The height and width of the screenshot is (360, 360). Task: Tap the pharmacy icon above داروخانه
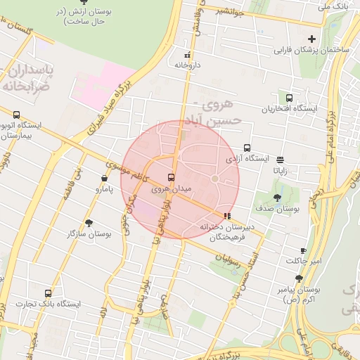(187, 55)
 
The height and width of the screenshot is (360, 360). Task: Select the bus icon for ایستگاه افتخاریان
(289, 98)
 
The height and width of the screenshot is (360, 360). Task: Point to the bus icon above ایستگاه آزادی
(247, 148)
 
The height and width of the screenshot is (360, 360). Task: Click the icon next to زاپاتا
(281, 159)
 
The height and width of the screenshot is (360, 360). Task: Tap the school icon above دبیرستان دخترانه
(226, 216)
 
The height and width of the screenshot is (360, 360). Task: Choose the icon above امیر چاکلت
(303, 250)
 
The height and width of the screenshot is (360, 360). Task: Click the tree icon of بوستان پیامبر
(298, 279)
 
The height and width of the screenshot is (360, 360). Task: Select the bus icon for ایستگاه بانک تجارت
(48, 292)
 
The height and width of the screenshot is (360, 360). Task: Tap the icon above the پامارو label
(98, 179)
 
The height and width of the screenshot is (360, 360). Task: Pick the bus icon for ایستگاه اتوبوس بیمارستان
(16, 114)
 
